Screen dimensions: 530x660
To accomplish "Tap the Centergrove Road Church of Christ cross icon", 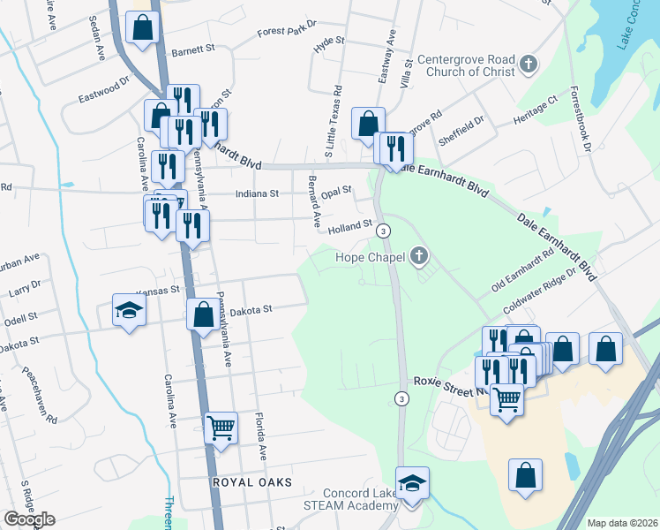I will pos(529,64).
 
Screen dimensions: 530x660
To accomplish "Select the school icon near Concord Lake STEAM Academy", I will pos(412,484).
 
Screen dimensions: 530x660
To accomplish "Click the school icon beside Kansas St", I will pos(130,310).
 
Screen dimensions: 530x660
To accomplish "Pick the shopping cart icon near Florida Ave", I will pos(221,428).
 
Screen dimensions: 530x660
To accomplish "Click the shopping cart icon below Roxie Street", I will pos(507,400).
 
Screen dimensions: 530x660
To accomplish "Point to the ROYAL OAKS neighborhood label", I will pos(251,482).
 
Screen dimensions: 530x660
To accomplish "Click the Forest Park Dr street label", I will pos(286,32).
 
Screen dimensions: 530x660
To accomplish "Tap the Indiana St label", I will pos(257,193).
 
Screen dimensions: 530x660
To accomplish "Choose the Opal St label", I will pos(336,190).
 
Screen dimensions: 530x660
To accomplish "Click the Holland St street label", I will pos(350,227).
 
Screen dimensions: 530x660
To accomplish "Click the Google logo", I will pos(28,519).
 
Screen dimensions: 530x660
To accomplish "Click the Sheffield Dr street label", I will pos(467,125).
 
